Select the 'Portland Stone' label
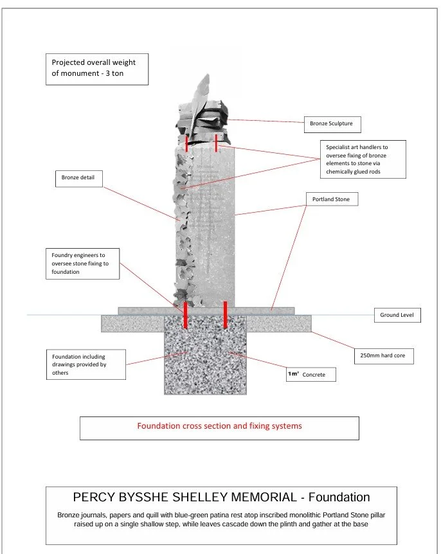coord(330,200)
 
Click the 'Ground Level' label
coord(397,316)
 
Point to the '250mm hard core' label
coord(383,356)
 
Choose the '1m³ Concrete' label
coord(310,374)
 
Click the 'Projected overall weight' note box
coord(100,69)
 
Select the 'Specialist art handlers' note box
coord(363,159)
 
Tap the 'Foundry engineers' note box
coord(83,264)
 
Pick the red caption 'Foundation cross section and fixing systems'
coord(219,426)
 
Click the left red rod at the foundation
coord(186,315)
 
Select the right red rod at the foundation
coord(225,315)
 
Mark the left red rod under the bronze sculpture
coord(187,143)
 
